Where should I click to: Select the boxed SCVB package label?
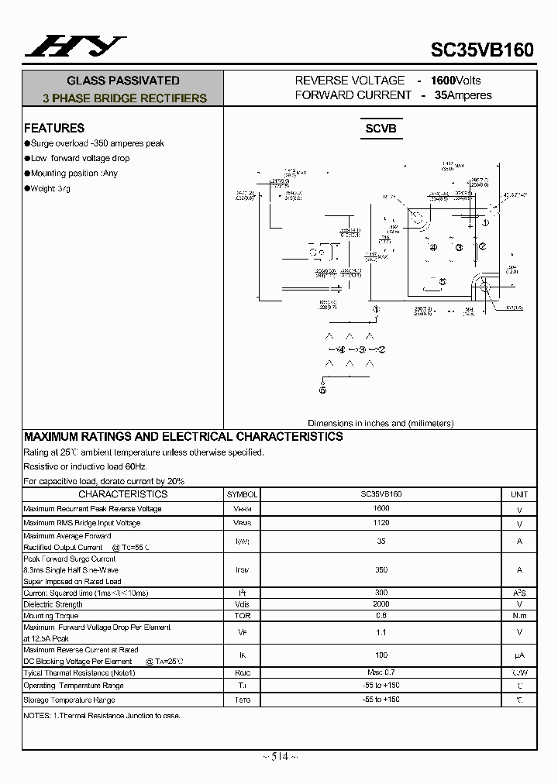point(381,129)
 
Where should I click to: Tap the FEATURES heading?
point(54,129)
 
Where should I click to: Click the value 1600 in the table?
point(381,509)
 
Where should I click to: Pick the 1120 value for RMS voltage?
point(381,524)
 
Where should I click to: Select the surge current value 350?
point(381,569)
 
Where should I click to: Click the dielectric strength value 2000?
point(381,604)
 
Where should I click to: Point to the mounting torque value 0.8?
point(381,616)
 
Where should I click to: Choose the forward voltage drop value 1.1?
point(381,633)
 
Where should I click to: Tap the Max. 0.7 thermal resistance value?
point(381,673)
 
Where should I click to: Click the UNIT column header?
point(519,494)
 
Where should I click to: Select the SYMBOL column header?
point(242,494)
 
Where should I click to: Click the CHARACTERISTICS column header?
point(122,494)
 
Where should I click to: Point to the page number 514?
point(279,757)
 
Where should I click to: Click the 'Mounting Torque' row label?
point(51,616)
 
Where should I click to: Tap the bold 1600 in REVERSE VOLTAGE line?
point(443,81)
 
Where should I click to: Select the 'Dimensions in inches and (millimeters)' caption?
point(381,423)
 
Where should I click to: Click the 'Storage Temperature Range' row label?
point(69,700)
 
